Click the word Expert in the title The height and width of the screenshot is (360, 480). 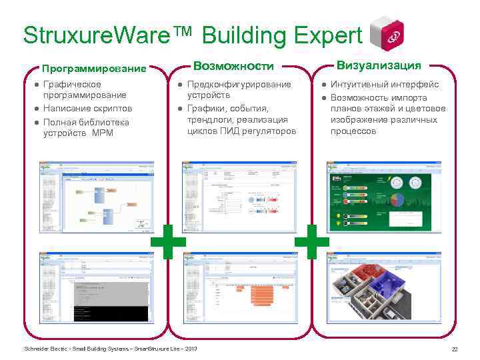coord(323,35)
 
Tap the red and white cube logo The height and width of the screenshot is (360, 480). coord(387,33)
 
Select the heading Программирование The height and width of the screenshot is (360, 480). coord(93,69)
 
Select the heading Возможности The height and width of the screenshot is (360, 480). coord(233,65)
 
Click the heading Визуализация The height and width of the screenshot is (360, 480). coord(379,65)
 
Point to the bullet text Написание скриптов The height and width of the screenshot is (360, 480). coord(87,108)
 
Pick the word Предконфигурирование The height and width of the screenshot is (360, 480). coord(239,85)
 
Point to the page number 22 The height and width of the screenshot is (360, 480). coord(455,350)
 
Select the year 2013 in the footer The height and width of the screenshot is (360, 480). coord(190,349)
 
